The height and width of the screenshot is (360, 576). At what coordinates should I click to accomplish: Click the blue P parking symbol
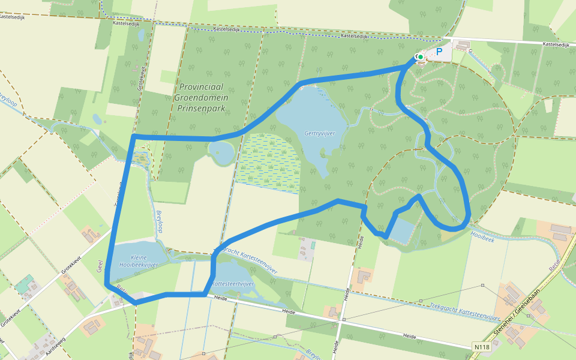point(439,52)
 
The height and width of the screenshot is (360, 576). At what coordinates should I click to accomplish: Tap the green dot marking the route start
point(421,57)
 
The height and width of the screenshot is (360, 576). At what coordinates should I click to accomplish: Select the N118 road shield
point(480,347)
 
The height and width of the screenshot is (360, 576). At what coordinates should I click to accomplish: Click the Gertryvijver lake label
point(319,133)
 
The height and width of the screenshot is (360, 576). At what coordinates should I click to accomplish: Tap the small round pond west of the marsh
point(222,152)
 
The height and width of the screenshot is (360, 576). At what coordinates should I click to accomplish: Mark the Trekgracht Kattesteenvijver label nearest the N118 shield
point(464,311)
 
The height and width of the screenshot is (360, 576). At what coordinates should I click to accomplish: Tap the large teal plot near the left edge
point(25,284)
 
